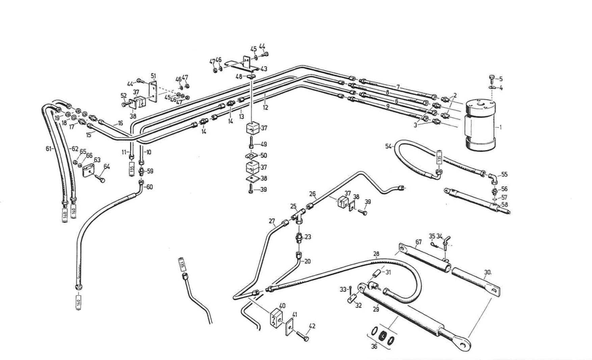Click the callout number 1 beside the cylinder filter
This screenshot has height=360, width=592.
[x=501, y=127]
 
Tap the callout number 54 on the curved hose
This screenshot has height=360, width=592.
[x=388, y=146]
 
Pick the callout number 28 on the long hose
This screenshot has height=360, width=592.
[x=376, y=254]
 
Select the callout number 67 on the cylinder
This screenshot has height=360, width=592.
[x=419, y=242]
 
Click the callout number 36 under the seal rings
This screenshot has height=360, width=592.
[x=374, y=346]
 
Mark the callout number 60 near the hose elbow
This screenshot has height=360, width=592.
[x=150, y=187]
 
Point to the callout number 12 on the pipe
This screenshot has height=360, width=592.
[x=266, y=107]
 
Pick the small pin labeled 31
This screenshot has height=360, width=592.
[x=377, y=273]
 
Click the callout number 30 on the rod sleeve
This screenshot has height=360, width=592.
[x=487, y=272]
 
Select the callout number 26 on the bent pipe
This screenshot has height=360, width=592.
[x=313, y=194]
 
